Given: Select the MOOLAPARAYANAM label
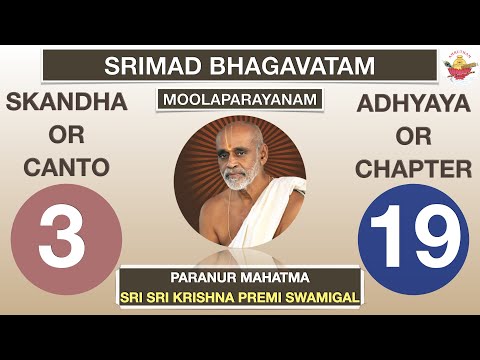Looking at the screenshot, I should pyautogui.click(x=239, y=102).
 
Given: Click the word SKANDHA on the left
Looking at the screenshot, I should pyautogui.click(x=66, y=103).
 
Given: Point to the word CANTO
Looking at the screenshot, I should pyautogui.click(x=66, y=169).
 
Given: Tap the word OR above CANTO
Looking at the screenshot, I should pyautogui.click(x=66, y=136).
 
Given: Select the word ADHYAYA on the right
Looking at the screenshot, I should pyautogui.click(x=413, y=103).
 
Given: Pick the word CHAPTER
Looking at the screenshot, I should pyautogui.click(x=413, y=169).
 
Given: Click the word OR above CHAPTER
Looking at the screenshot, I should pyautogui.click(x=413, y=136).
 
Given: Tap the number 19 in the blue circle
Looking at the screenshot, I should pyautogui.click(x=413, y=240).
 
